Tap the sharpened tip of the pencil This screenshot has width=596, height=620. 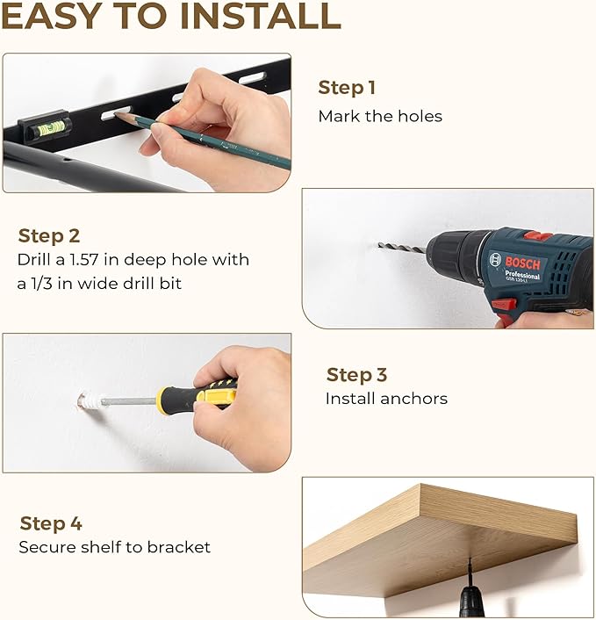(115, 114)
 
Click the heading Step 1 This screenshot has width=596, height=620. (346, 88)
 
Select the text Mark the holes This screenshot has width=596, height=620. (380, 116)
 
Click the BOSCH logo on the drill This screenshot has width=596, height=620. (522, 263)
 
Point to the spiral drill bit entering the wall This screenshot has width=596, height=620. (401, 248)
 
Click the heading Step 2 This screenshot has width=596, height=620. (49, 236)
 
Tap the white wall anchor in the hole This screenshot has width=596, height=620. (89, 400)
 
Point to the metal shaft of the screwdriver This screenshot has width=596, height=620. (129, 401)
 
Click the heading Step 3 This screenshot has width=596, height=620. (356, 375)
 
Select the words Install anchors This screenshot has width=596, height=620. (386, 399)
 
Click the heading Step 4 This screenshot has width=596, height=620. (51, 523)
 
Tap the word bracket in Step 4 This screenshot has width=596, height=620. (179, 547)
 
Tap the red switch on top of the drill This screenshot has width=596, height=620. (538, 236)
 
